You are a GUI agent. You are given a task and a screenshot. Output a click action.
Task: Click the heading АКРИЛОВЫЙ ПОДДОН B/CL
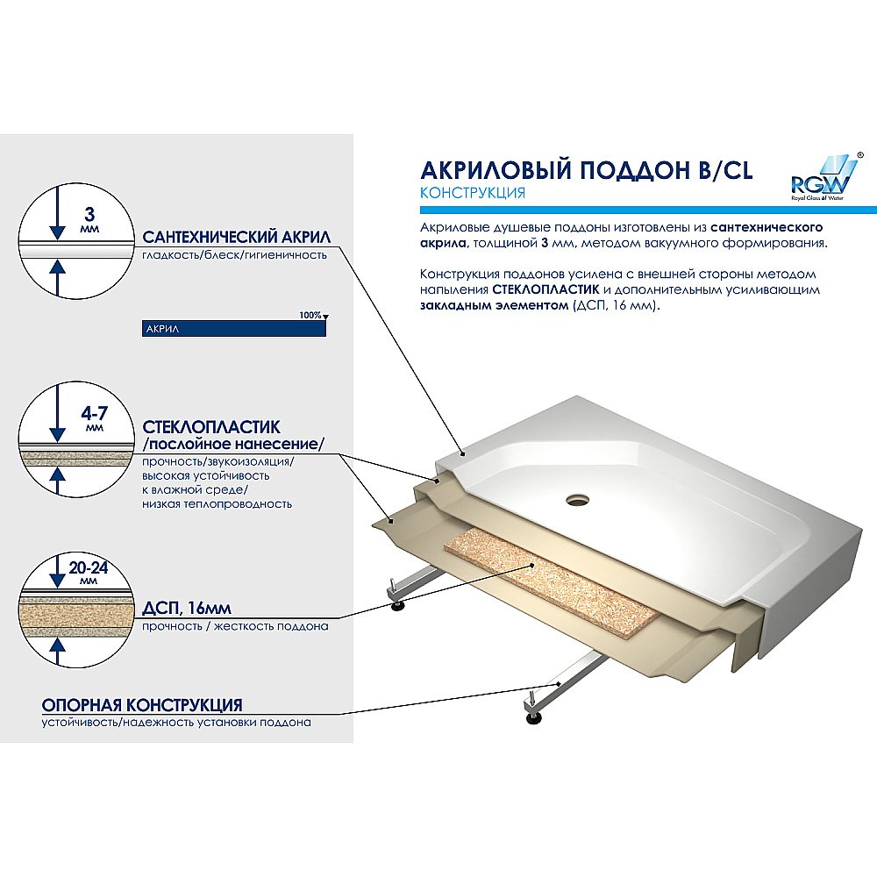click(x=586, y=170)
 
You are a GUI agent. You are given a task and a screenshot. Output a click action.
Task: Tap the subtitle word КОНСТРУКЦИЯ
click(x=473, y=193)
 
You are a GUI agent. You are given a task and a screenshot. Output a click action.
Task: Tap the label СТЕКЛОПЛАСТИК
click(x=211, y=427)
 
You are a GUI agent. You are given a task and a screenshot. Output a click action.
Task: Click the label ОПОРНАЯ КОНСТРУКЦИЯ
click(x=142, y=705)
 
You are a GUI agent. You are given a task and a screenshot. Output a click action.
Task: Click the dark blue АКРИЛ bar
click(x=233, y=328)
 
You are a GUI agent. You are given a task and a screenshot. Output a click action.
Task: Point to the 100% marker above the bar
click(x=311, y=315)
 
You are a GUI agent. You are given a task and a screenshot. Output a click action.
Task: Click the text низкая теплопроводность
click(x=217, y=504)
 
